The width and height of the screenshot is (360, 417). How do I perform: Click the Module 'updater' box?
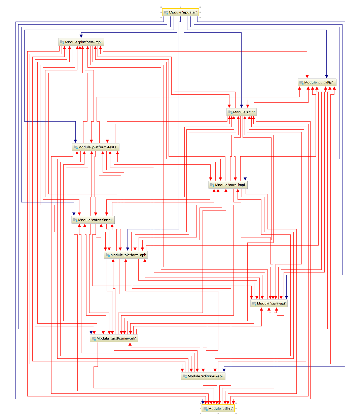pos(181,12)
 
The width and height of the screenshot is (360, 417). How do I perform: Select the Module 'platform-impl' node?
pos(81,42)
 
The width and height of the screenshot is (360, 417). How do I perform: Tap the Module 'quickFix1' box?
pos(317,83)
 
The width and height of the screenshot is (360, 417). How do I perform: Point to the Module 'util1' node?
pos(242,112)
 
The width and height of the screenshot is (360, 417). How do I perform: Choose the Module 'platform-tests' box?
pos(96,147)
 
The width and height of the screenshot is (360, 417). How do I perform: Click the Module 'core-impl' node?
pos(228,185)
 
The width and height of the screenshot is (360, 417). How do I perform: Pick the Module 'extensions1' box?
pos(93,220)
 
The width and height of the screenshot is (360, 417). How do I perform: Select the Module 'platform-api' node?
pos(126,255)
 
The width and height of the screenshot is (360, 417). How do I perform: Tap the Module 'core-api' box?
pos(269,303)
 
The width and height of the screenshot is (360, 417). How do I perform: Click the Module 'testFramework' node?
pos(114,339)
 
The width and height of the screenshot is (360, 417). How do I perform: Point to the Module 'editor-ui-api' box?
pos(203,376)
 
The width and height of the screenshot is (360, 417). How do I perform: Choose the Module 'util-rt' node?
pos(218,409)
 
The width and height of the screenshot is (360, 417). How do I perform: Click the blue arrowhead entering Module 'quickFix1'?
pos(326,77)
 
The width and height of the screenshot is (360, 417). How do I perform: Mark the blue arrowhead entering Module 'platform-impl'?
pos(81,36)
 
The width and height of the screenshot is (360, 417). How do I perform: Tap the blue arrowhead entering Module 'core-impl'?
pos(245,179)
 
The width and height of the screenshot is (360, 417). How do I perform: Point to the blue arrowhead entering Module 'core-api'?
pos(286,298)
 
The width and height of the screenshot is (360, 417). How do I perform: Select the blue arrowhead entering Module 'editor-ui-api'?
pos(224,371)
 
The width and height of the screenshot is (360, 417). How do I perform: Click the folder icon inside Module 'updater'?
pos(166,12)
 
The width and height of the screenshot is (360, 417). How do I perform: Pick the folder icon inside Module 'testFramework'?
pos(94,339)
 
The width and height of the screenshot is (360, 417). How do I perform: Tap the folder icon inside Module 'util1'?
pos(230,112)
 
